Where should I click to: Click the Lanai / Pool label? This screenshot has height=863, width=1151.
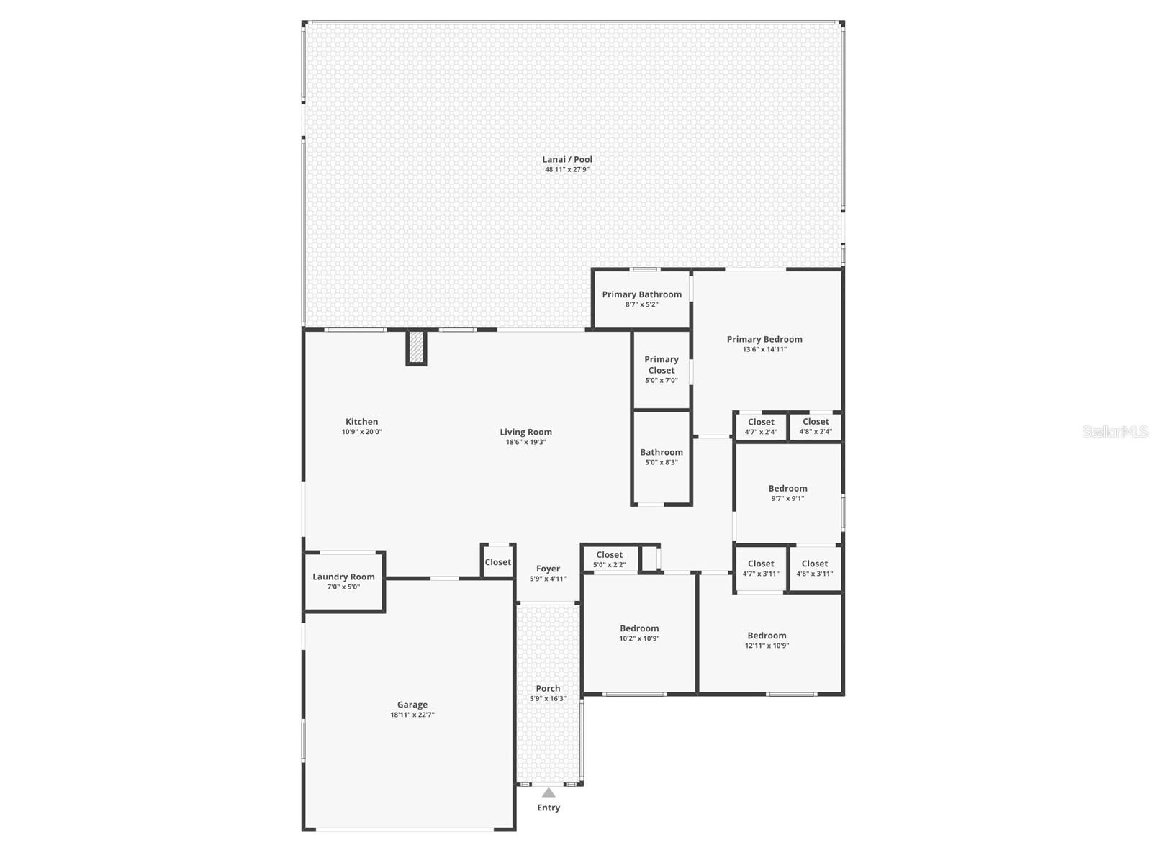567,159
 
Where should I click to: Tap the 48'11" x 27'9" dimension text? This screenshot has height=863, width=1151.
567,169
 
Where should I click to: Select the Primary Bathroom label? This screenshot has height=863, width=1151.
641,294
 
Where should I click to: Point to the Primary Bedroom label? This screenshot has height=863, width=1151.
764,339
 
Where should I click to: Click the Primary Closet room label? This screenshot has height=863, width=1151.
662,364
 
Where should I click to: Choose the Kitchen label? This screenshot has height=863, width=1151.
361,422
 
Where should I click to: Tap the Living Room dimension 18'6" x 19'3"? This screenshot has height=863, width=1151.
525,442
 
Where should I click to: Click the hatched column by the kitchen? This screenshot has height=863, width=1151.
416,347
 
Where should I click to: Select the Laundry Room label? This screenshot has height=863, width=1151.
343,577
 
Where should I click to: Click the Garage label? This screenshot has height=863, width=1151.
412,705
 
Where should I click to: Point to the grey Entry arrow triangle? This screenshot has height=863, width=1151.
548,792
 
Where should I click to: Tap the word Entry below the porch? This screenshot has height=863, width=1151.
548,808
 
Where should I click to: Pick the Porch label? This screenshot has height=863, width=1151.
548,688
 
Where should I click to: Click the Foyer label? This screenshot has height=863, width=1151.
548,569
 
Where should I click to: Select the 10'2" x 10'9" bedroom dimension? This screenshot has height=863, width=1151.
639,638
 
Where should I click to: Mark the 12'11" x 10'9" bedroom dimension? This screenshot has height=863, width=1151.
767,646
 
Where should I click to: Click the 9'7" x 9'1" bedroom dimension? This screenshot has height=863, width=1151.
787,499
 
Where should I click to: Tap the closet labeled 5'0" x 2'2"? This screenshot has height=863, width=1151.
609,559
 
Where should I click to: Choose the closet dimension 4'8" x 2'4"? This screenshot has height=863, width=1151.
816,432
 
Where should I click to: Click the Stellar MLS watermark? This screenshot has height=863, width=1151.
1115,432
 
